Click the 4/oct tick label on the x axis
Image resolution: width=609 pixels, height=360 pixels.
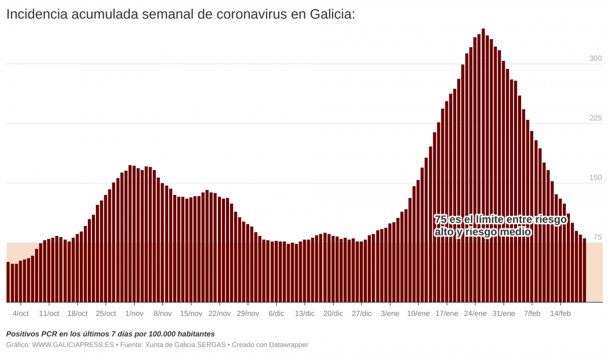tap(20, 314)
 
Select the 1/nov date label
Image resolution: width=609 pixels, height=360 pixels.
tap(134, 314)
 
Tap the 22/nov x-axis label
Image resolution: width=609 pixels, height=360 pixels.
tap(219, 314)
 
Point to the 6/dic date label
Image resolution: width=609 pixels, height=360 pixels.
tap(276, 314)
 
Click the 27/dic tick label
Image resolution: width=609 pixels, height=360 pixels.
tap(362, 314)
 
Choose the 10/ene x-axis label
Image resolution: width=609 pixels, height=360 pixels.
tap(419, 314)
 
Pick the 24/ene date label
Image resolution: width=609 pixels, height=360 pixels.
tap(475, 314)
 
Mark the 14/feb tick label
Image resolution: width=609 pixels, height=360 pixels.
tap(560, 314)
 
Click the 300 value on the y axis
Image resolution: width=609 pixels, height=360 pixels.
tap(595, 58)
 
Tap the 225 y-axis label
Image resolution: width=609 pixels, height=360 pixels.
tap(595, 118)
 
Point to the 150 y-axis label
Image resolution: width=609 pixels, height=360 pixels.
tap(595, 178)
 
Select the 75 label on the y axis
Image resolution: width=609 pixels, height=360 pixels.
tap(597, 237)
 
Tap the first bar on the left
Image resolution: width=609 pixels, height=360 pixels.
tap(8, 282)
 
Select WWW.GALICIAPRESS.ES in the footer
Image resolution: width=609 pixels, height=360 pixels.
tap(73, 345)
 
